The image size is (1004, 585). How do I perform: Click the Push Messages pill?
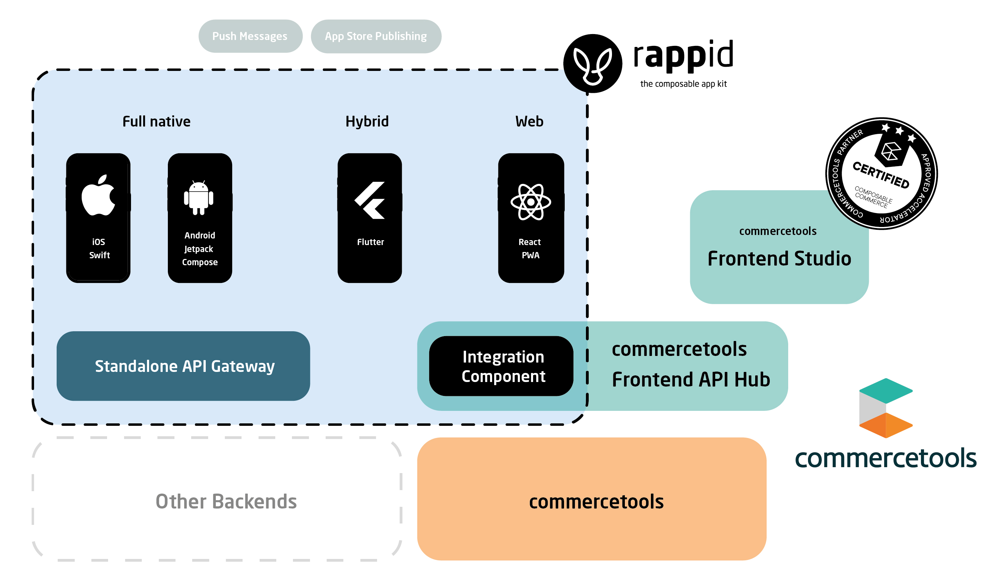[250, 36]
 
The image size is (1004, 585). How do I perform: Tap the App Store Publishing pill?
[376, 36]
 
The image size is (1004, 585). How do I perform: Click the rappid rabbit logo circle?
[593, 63]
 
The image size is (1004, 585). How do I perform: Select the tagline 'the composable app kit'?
[683, 84]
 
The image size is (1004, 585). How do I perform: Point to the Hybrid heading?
[367, 122]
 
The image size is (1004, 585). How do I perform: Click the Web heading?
[529, 122]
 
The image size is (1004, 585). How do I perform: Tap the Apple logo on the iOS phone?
[98, 195]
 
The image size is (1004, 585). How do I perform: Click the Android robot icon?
[198, 198]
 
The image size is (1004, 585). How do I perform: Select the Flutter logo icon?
[370, 200]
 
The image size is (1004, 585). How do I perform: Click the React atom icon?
[531, 202]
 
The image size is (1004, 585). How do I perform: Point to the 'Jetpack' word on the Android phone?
[198, 249]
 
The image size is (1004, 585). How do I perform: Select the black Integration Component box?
[501, 366]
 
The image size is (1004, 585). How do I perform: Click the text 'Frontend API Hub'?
[691, 379]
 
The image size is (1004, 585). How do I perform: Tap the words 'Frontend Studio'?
[779, 258]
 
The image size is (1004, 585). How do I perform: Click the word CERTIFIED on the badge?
[881, 174]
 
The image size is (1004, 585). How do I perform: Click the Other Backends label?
[226, 501]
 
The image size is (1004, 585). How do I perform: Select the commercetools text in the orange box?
[596, 501]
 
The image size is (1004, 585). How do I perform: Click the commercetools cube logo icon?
[886, 408]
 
